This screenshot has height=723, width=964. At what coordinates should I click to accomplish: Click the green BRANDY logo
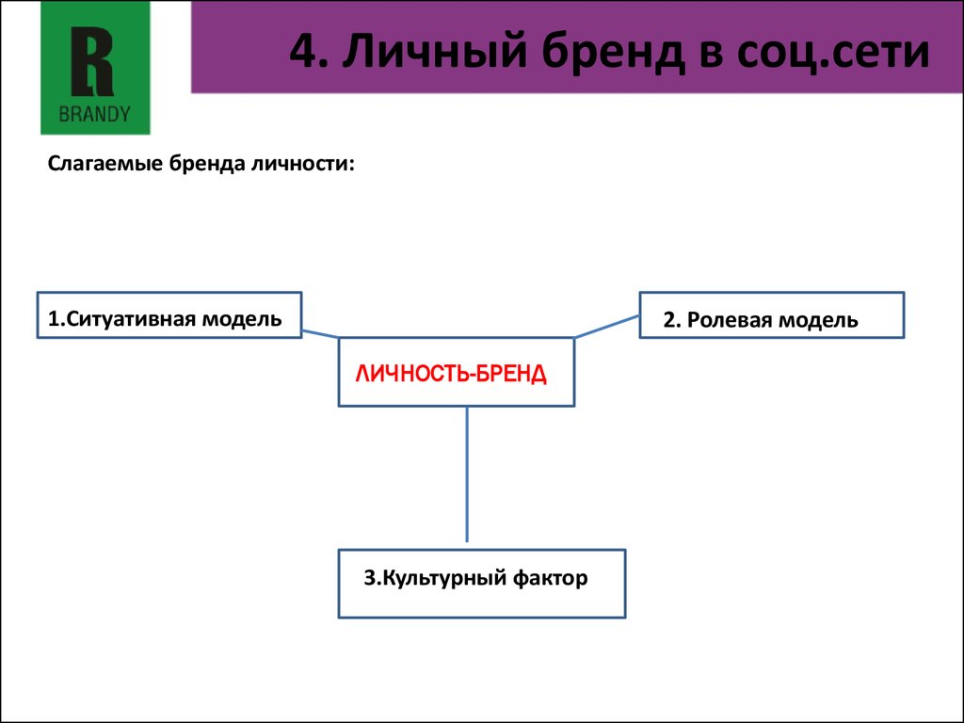95,68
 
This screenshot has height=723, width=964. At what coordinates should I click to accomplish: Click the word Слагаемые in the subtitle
105,164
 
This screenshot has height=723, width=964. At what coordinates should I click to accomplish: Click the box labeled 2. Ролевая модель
772,314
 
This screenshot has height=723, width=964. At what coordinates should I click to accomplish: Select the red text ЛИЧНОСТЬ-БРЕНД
450,374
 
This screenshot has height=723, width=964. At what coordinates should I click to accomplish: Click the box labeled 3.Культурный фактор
481,584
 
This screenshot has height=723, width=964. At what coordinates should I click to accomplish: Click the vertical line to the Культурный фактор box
467,475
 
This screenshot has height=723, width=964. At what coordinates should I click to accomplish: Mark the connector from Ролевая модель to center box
607,327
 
